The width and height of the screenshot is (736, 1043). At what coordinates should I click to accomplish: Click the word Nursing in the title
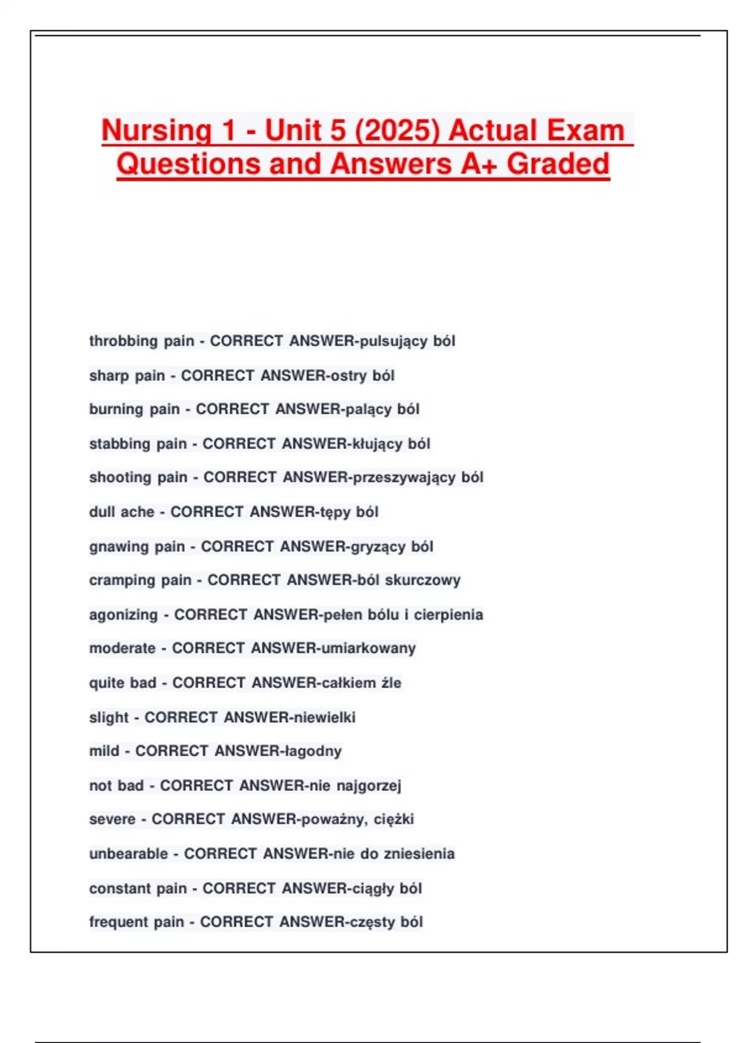(x=157, y=131)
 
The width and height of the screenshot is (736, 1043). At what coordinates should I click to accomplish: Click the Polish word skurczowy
(x=423, y=580)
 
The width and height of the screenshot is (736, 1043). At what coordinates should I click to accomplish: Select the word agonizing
(x=123, y=615)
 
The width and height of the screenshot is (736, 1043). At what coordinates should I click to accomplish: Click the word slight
(x=109, y=717)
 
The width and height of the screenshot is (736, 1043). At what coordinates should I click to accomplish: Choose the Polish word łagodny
(x=312, y=751)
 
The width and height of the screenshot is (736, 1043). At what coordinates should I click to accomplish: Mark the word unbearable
(x=128, y=854)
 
